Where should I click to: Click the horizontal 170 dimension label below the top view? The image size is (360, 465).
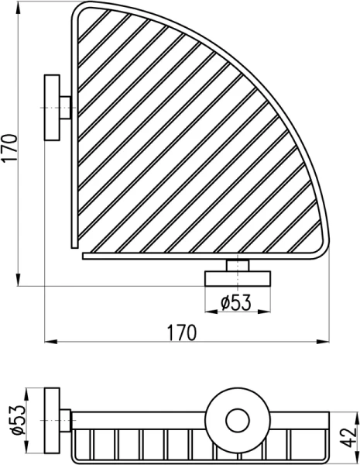click(181, 331)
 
